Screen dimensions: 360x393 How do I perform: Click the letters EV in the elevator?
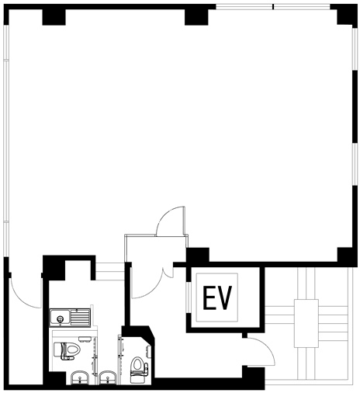pos(216,297)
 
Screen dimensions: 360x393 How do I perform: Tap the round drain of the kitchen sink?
pos(61,318)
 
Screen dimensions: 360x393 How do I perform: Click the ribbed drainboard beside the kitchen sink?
pos(80,317)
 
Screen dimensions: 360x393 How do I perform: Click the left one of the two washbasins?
pos(81,377)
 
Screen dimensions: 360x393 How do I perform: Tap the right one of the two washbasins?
pos(108,377)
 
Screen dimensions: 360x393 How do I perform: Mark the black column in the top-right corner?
pos(347,14)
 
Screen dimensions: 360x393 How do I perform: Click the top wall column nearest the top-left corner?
pos(54,17)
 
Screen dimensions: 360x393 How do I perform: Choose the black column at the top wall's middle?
pos(196,17)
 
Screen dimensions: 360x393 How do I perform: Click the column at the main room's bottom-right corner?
pos(347,256)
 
